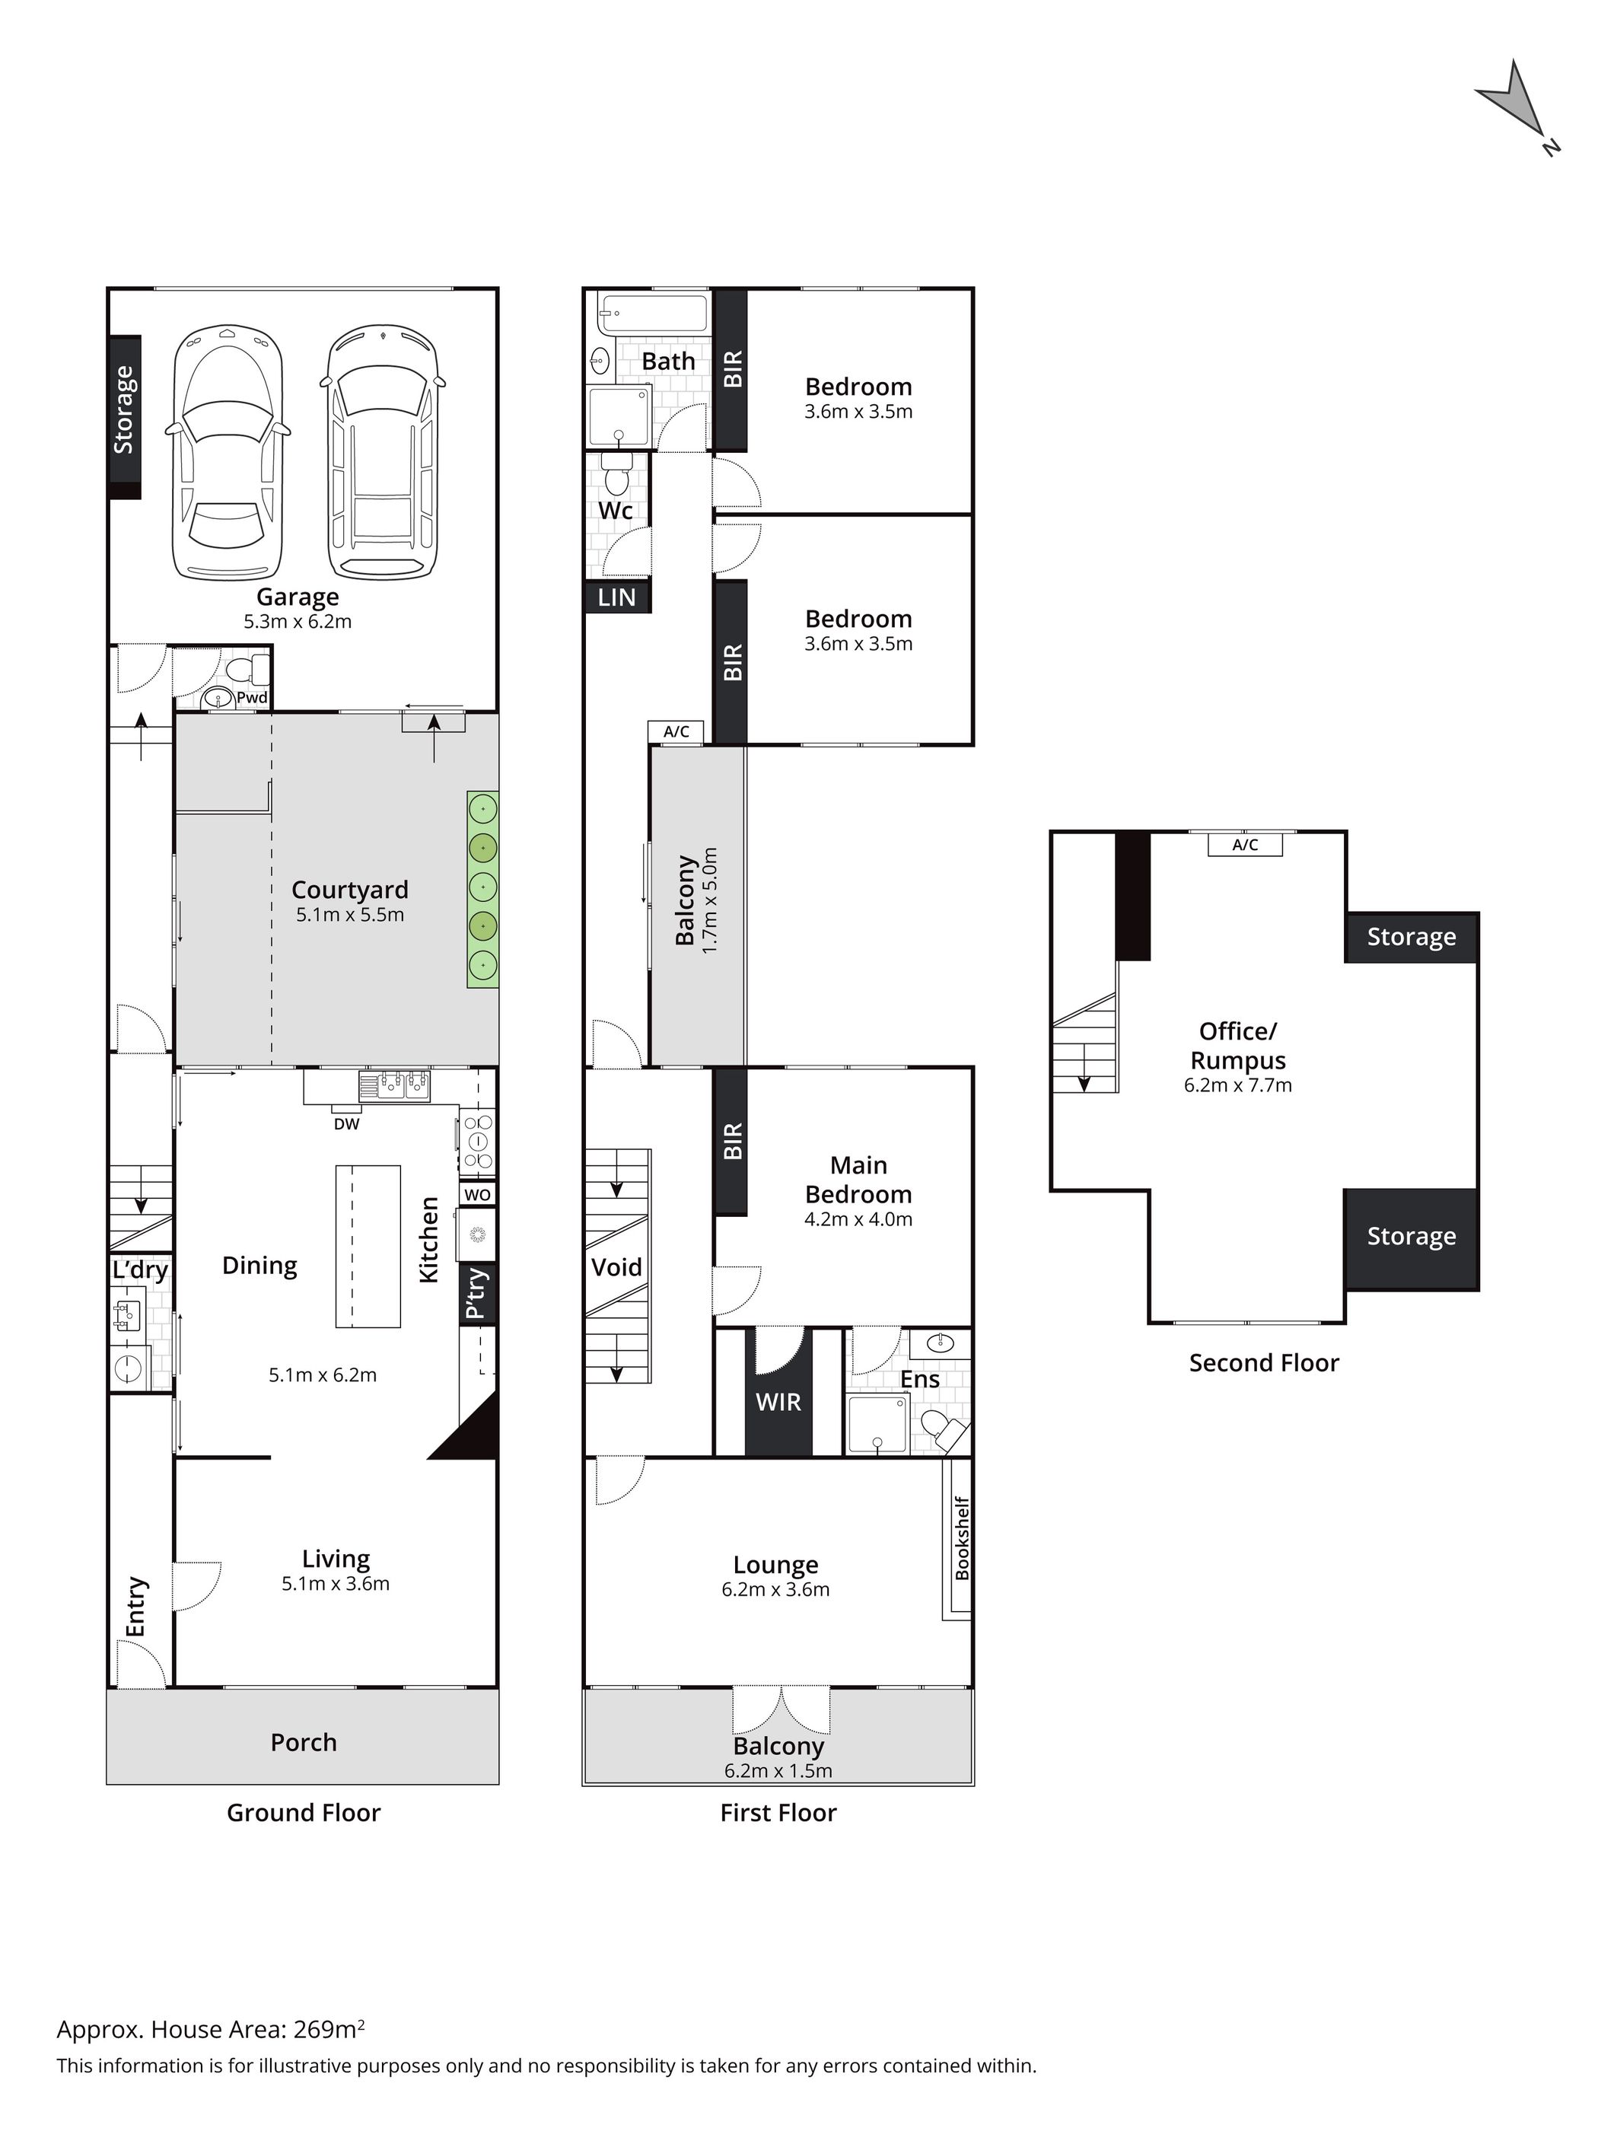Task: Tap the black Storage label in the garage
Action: pos(124,409)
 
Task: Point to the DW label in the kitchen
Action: pos(347,1123)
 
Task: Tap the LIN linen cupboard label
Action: pos(616,597)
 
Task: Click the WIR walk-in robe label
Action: pos(778,1403)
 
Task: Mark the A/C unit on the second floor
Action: pos(1246,845)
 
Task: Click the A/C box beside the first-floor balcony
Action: pos(676,732)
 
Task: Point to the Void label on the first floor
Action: pos(616,1267)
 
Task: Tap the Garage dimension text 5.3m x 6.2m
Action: pos(298,621)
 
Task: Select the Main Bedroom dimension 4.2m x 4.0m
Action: pos(858,1218)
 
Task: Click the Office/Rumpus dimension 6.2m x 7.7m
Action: pos(1238,1085)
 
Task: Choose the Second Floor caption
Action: pos(1264,1362)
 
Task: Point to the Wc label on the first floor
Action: pos(616,511)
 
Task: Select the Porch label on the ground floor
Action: pos(304,1742)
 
